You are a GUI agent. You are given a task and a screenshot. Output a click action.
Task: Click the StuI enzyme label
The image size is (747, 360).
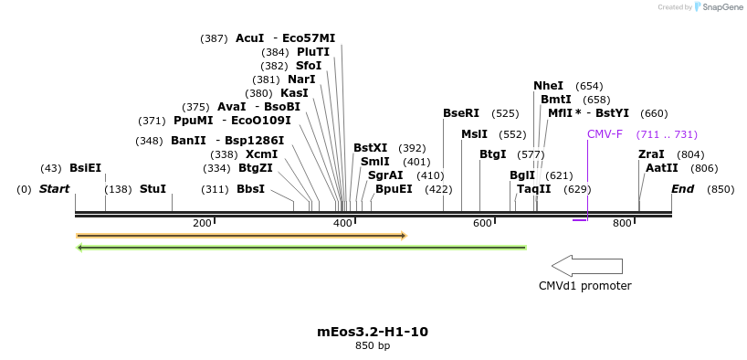click(153, 189)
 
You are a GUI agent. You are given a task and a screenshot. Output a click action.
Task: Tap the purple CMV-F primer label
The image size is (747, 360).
click(605, 133)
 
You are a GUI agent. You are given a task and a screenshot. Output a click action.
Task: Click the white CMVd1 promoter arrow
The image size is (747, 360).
click(587, 266)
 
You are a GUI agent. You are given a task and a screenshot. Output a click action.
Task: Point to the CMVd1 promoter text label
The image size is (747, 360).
click(584, 285)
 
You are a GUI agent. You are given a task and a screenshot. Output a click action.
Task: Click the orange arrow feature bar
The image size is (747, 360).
click(241, 236)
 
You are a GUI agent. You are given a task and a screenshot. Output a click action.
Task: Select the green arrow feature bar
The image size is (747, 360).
click(301, 247)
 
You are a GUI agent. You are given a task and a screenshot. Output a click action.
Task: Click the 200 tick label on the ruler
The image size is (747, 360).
click(202, 224)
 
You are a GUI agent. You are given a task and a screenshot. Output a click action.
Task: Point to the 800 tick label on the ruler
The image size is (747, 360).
click(622, 224)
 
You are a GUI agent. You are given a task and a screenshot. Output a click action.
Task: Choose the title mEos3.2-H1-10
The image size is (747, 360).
click(372, 332)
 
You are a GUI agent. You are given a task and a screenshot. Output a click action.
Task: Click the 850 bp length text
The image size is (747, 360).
click(372, 346)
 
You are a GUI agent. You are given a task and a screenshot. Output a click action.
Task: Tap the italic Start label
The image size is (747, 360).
click(54, 189)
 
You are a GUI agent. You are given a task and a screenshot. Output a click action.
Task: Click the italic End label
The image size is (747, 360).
click(682, 189)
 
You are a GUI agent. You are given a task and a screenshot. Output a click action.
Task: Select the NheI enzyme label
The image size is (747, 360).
click(548, 85)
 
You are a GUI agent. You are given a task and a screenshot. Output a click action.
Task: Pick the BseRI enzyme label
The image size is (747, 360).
click(460, 113)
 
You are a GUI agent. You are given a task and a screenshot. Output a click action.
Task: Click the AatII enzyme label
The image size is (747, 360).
click(661, 168)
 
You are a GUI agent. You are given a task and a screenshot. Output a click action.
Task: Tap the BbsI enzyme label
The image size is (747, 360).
click(250, 189)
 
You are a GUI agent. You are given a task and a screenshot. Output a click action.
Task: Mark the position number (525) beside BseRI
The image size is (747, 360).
click(505, 113)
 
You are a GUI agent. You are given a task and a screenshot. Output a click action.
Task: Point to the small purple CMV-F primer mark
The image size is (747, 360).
click(580, 219)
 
